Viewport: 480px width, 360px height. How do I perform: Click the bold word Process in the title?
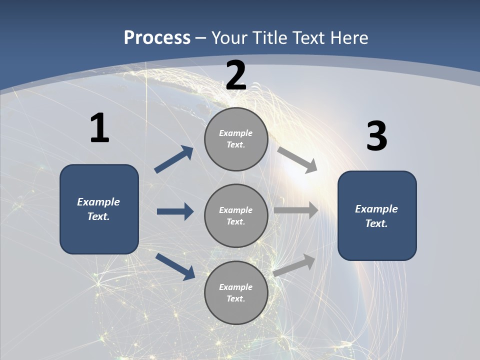(x=157, y=38)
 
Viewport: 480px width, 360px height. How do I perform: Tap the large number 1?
(x=99, y=128)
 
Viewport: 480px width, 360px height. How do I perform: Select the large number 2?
(x=236, y=75)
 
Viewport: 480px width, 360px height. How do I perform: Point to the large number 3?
(x=376, y=136)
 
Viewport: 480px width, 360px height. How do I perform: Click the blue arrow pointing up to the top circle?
(x=174, y=159)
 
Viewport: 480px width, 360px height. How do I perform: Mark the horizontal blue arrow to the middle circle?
(x=175, y=211)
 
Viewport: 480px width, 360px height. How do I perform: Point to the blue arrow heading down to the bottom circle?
(x=175, y=266)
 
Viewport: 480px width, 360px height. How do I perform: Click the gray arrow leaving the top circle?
(x=297, y=160)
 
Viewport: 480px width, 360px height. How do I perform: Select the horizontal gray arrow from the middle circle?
(x=296, y=210)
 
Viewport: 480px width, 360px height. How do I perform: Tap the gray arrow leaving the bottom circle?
(x=294, y=265)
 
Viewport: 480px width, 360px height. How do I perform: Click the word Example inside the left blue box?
(x=98, y=202)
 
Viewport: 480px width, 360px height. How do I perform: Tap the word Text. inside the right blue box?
(x=376, y=223)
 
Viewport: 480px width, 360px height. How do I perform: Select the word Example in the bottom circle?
(x=236, y=287)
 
